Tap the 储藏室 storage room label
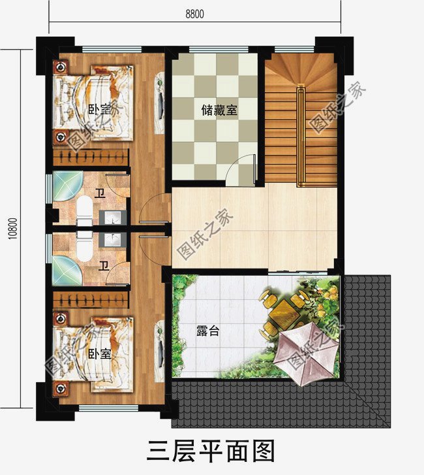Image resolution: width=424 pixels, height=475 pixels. pyautogui.click(x=219, y=111)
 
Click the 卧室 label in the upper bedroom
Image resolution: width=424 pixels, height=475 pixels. pyautogui.click(x=98, y=109)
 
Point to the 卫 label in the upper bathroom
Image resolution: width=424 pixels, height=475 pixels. pyautogui.click(x=99, y=193)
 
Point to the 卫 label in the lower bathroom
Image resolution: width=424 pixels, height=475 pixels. pyautogui.click(x=102, y=266)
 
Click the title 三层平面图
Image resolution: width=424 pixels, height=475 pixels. pyautogui.click(x=211, y=450)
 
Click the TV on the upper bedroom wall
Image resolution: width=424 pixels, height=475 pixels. pyautogui.click(x=159, y=95)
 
